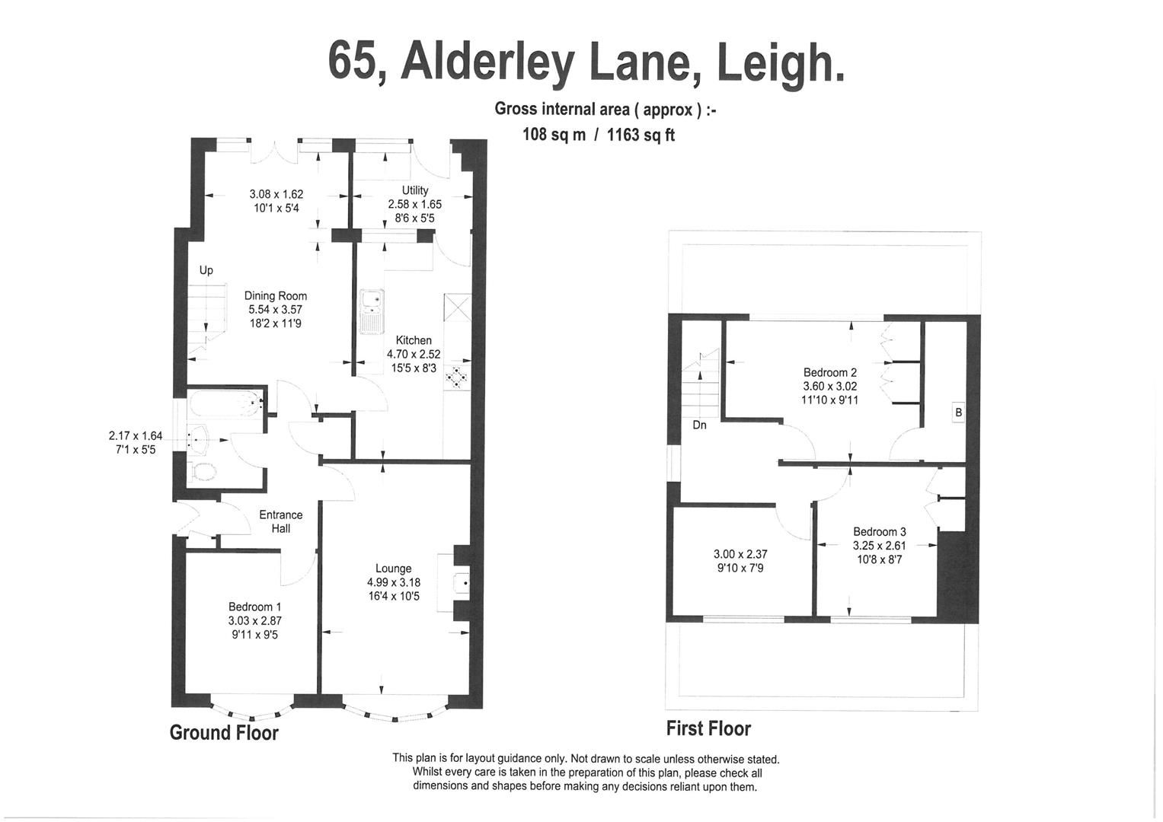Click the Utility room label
[x=415, y=190]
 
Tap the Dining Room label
[x=276, y=296]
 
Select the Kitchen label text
[x=414, y=340]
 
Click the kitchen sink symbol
[x=372, y=311]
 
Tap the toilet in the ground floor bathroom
[x=203, y=470]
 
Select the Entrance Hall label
[x=280, y=521]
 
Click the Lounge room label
[x=393, y=569]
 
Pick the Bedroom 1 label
[x=255, y=607]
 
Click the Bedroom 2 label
[x=830, y=372]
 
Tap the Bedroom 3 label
[x=880, y=532]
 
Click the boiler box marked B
[x=958, y=413]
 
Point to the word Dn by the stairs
[x=699, y=425]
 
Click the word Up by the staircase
[x=206, y=270]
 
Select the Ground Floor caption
[x=224, y=732]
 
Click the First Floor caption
[x=708, y=728]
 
